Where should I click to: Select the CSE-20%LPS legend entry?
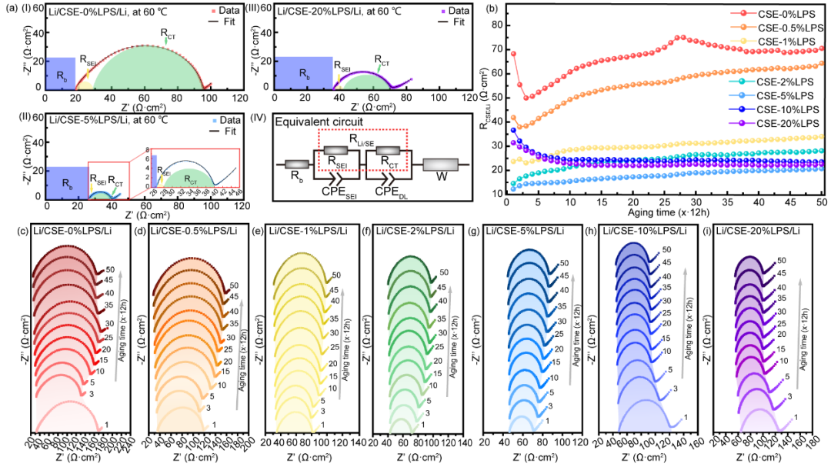click(783, 123)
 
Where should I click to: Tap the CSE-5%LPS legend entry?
click(786, 95)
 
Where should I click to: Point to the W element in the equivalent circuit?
click(441, 165)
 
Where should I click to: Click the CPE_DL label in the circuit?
click(385, 190)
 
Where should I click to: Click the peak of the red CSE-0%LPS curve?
click(679, 37)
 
